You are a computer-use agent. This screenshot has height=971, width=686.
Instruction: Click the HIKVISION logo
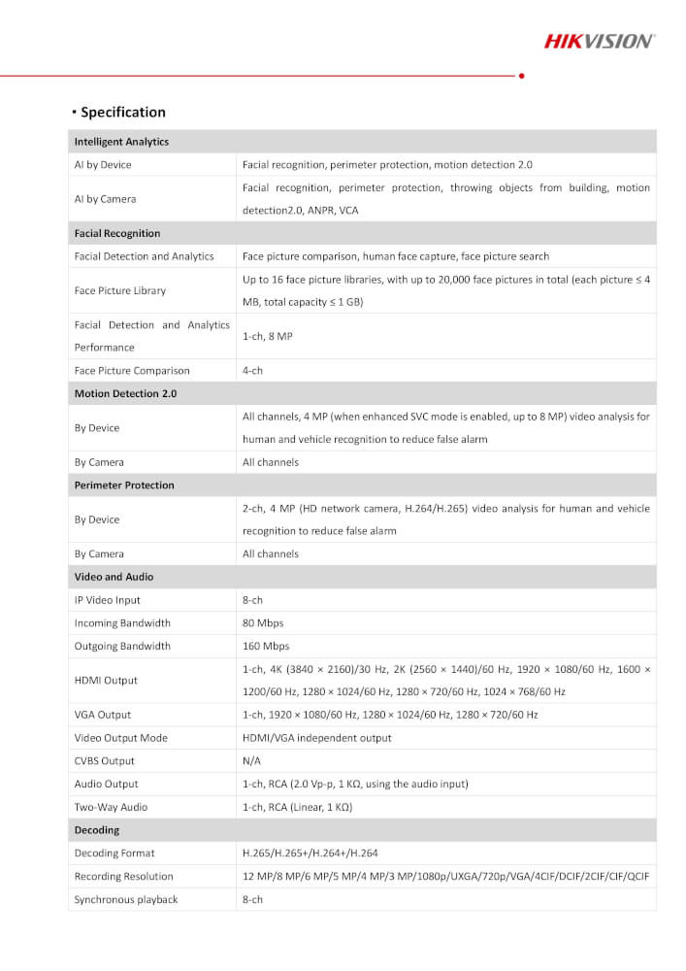[599, 41]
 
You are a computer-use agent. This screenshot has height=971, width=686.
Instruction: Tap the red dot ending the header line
[522, 75]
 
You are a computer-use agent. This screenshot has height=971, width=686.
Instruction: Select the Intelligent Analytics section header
[121, 142]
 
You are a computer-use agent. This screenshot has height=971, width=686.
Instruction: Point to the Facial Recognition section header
[117, 234]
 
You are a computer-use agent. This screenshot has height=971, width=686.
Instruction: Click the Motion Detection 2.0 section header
[125, 394]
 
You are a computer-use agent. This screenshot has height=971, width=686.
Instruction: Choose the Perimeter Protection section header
[124, 485]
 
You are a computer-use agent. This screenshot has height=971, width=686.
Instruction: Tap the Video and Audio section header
[114, 577]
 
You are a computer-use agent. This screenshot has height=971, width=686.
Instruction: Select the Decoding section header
[97, 830]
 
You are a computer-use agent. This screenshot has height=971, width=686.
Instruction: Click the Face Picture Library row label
[120, 290]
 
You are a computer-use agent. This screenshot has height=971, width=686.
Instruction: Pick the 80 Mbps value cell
[263, 623]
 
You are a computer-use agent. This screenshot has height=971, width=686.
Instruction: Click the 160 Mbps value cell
[266, 647]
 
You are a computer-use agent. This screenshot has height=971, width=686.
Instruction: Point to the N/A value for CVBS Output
[252, 761]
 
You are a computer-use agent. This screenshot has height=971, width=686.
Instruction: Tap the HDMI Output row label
[106, 681]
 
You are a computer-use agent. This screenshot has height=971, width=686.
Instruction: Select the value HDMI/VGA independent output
[317, 738]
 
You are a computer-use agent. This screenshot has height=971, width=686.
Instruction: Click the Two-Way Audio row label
[111, 807]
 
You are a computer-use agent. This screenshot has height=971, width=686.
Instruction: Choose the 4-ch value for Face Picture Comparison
[252, 371]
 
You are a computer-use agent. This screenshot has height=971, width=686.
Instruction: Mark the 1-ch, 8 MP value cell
[268, 336]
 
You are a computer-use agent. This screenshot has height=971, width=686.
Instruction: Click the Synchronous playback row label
[126, 899]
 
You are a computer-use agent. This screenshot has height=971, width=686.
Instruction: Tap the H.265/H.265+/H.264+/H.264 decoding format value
[310, 854]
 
